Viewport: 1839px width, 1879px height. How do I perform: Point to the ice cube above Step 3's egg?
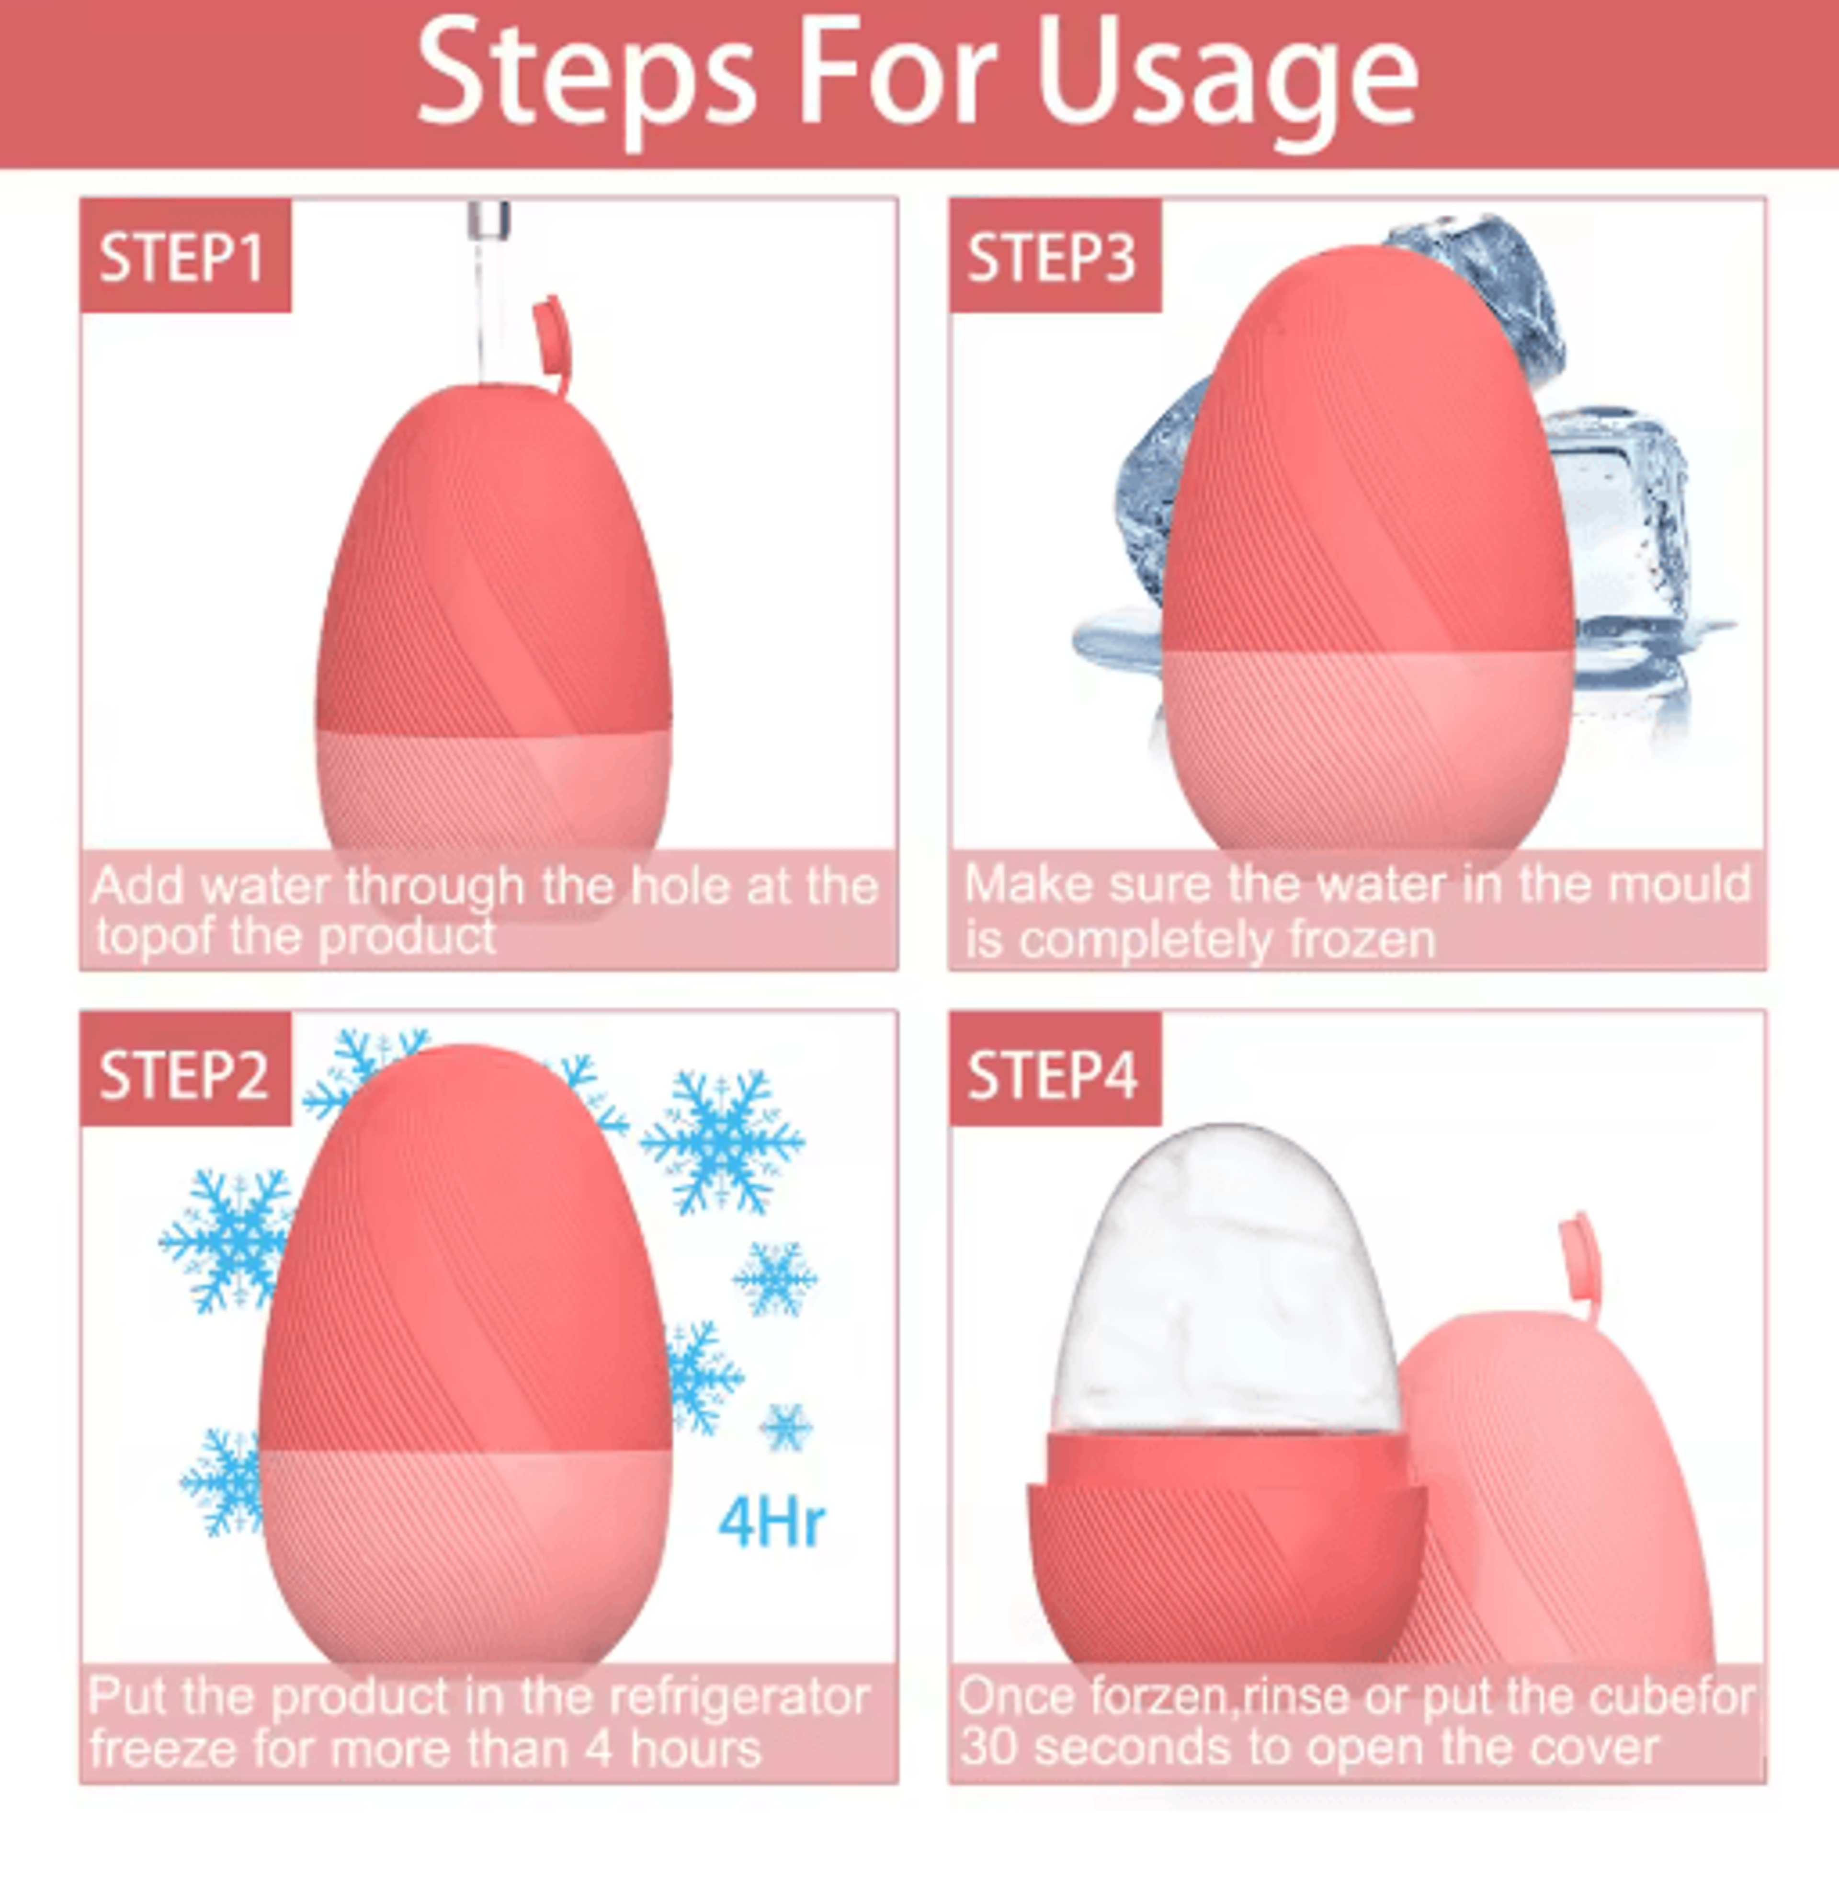click(1478, 290)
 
